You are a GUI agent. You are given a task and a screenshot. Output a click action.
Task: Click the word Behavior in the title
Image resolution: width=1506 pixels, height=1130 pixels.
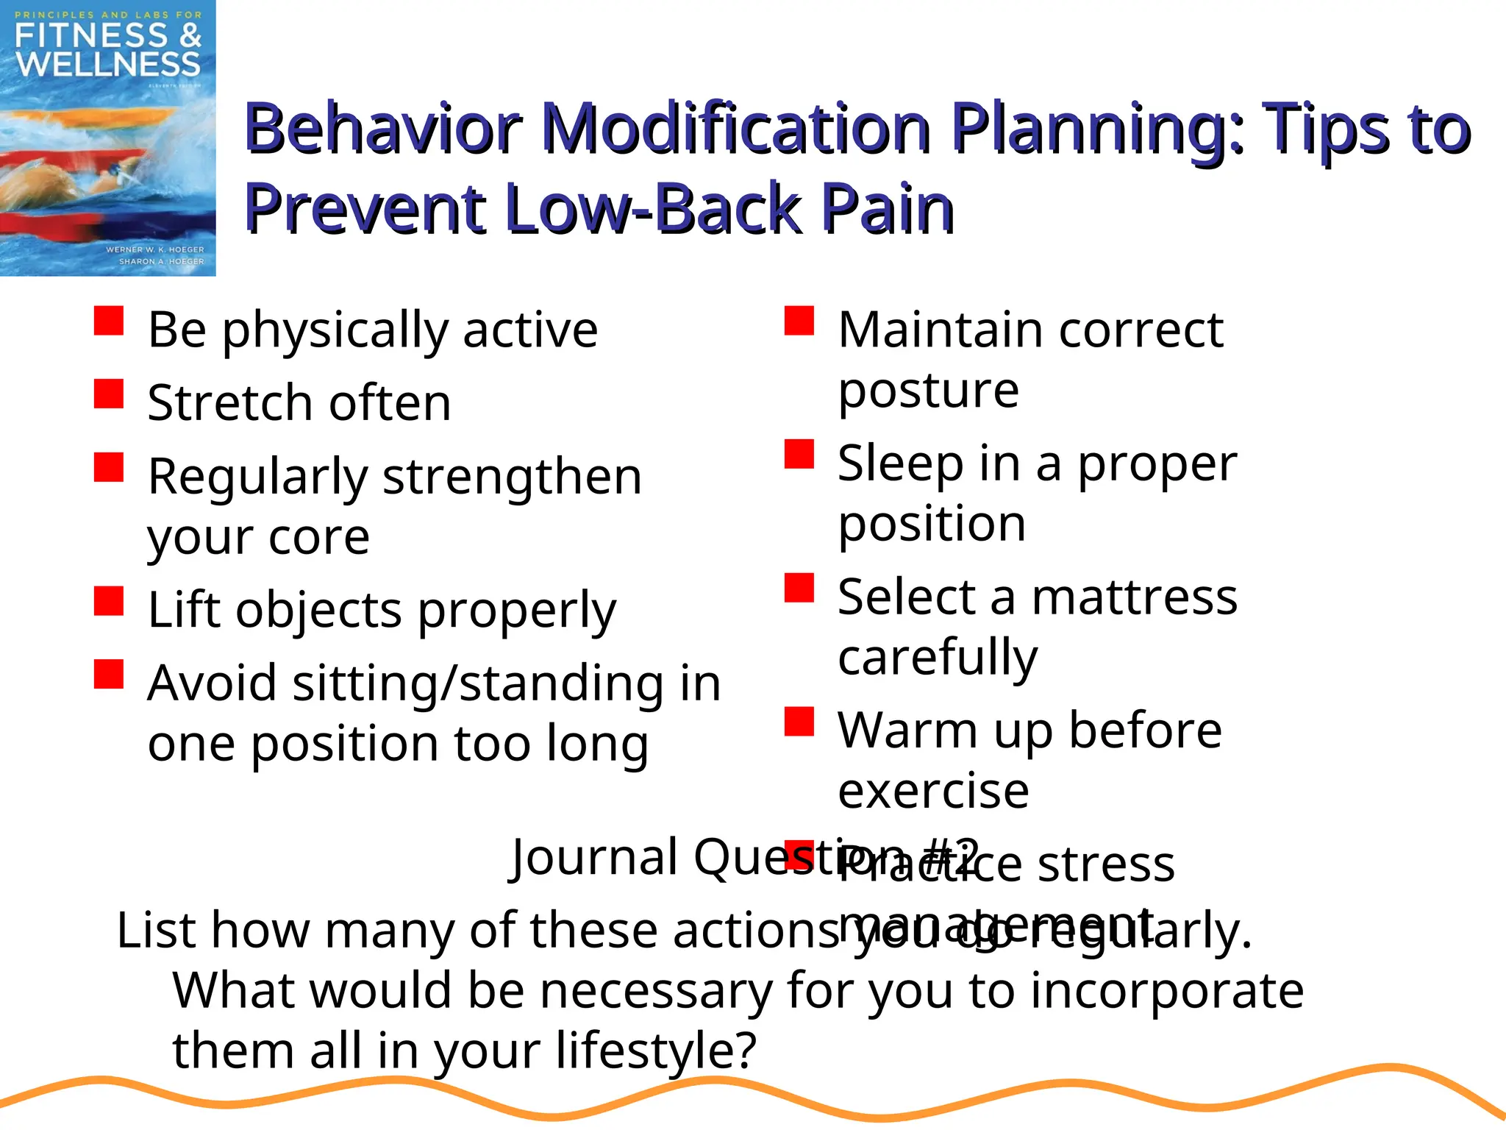(382, 129)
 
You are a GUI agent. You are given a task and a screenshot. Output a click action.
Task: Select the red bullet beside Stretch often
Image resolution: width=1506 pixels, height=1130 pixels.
(109, 394)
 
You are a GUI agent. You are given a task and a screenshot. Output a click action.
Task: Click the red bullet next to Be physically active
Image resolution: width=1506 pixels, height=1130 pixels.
(109, 321)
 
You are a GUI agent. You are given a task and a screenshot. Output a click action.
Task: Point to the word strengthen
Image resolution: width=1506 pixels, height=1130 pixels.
(513, 477)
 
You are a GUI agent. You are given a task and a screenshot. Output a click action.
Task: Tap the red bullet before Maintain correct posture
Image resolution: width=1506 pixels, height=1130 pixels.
(799, 321)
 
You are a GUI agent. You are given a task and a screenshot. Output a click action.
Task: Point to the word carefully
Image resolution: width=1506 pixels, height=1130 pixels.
(938, 657)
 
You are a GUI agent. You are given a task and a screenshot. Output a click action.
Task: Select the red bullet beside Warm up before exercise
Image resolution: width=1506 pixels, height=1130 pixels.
(799, 722)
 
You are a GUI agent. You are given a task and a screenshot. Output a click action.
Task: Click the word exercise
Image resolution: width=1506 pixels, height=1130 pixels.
(933, 791)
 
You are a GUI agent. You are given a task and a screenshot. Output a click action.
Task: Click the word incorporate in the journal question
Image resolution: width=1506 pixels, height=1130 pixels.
(1166, 990)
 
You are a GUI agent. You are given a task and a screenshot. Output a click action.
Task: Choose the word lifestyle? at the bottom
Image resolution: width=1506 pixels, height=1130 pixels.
(655, 1050)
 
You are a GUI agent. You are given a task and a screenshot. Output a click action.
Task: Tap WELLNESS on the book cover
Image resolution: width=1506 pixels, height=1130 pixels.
(108, 65)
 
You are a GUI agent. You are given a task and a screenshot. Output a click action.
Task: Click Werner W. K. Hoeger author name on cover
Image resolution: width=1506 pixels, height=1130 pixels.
(155, 249)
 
